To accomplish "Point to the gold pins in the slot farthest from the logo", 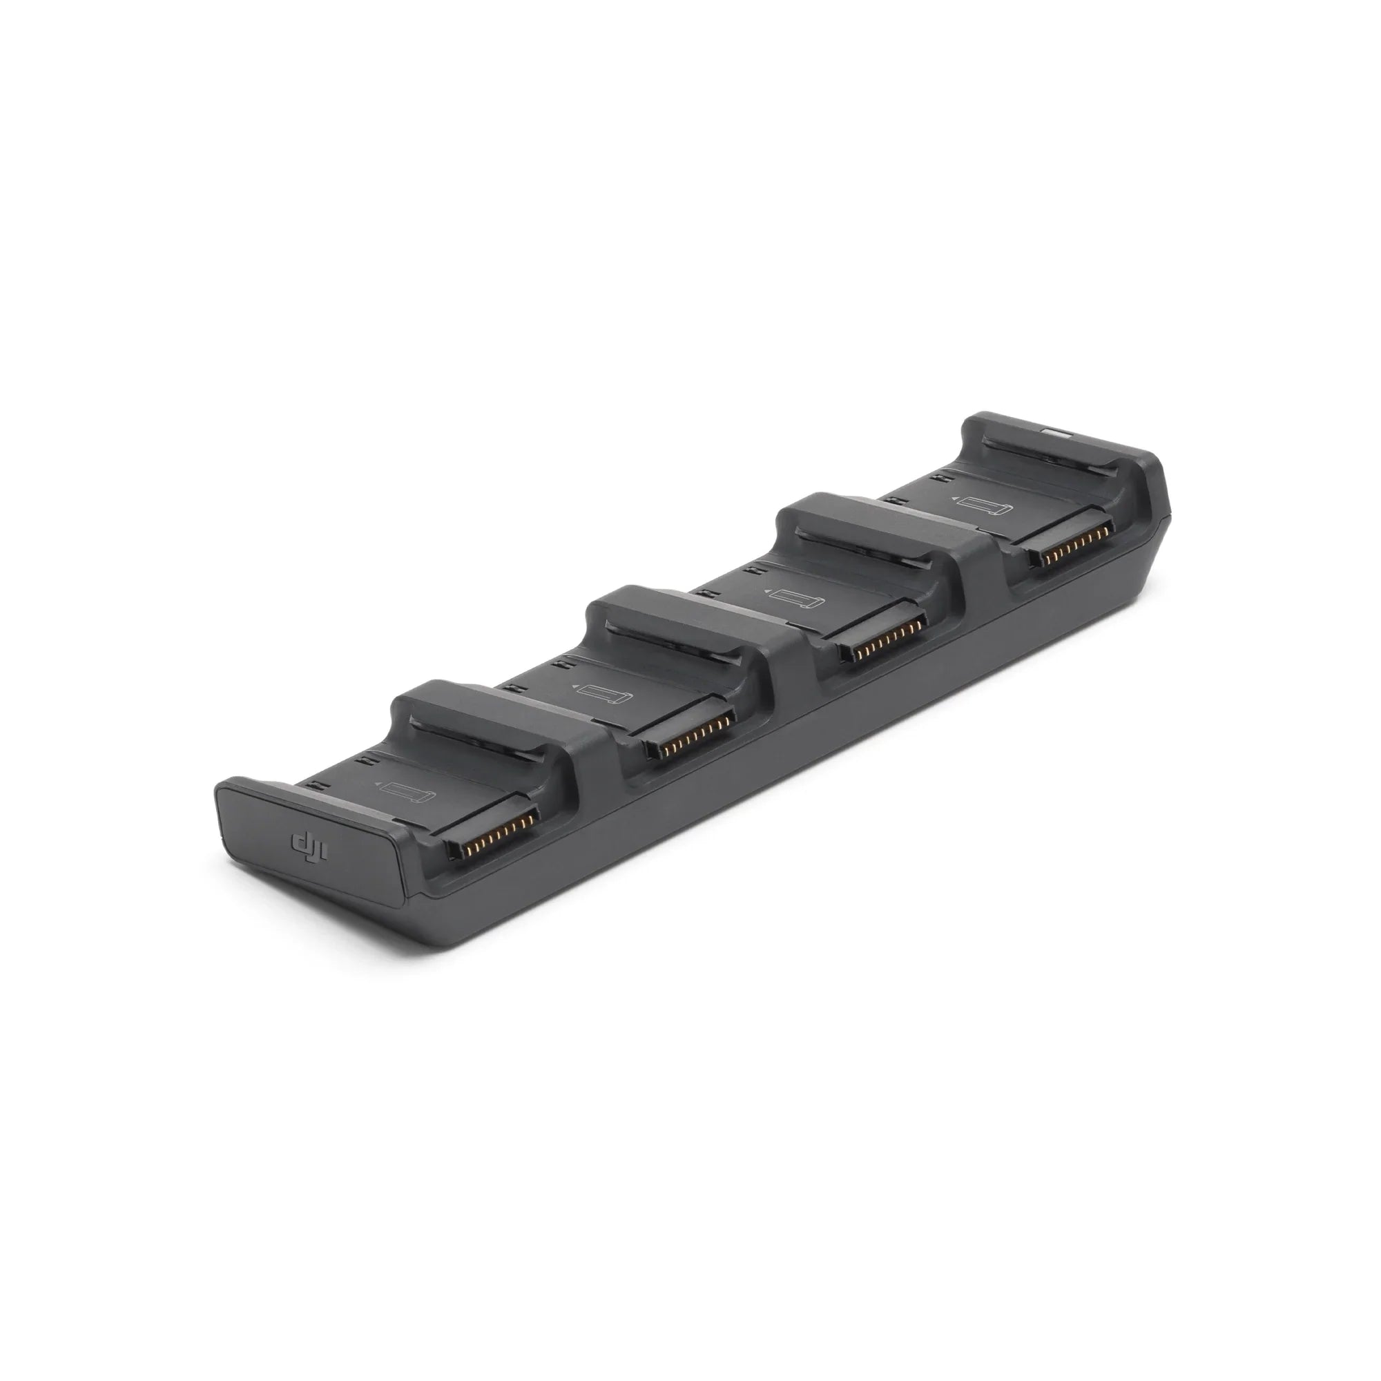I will click(x=1074, y=530).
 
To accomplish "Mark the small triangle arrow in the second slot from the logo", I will click(x=573, y=684).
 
